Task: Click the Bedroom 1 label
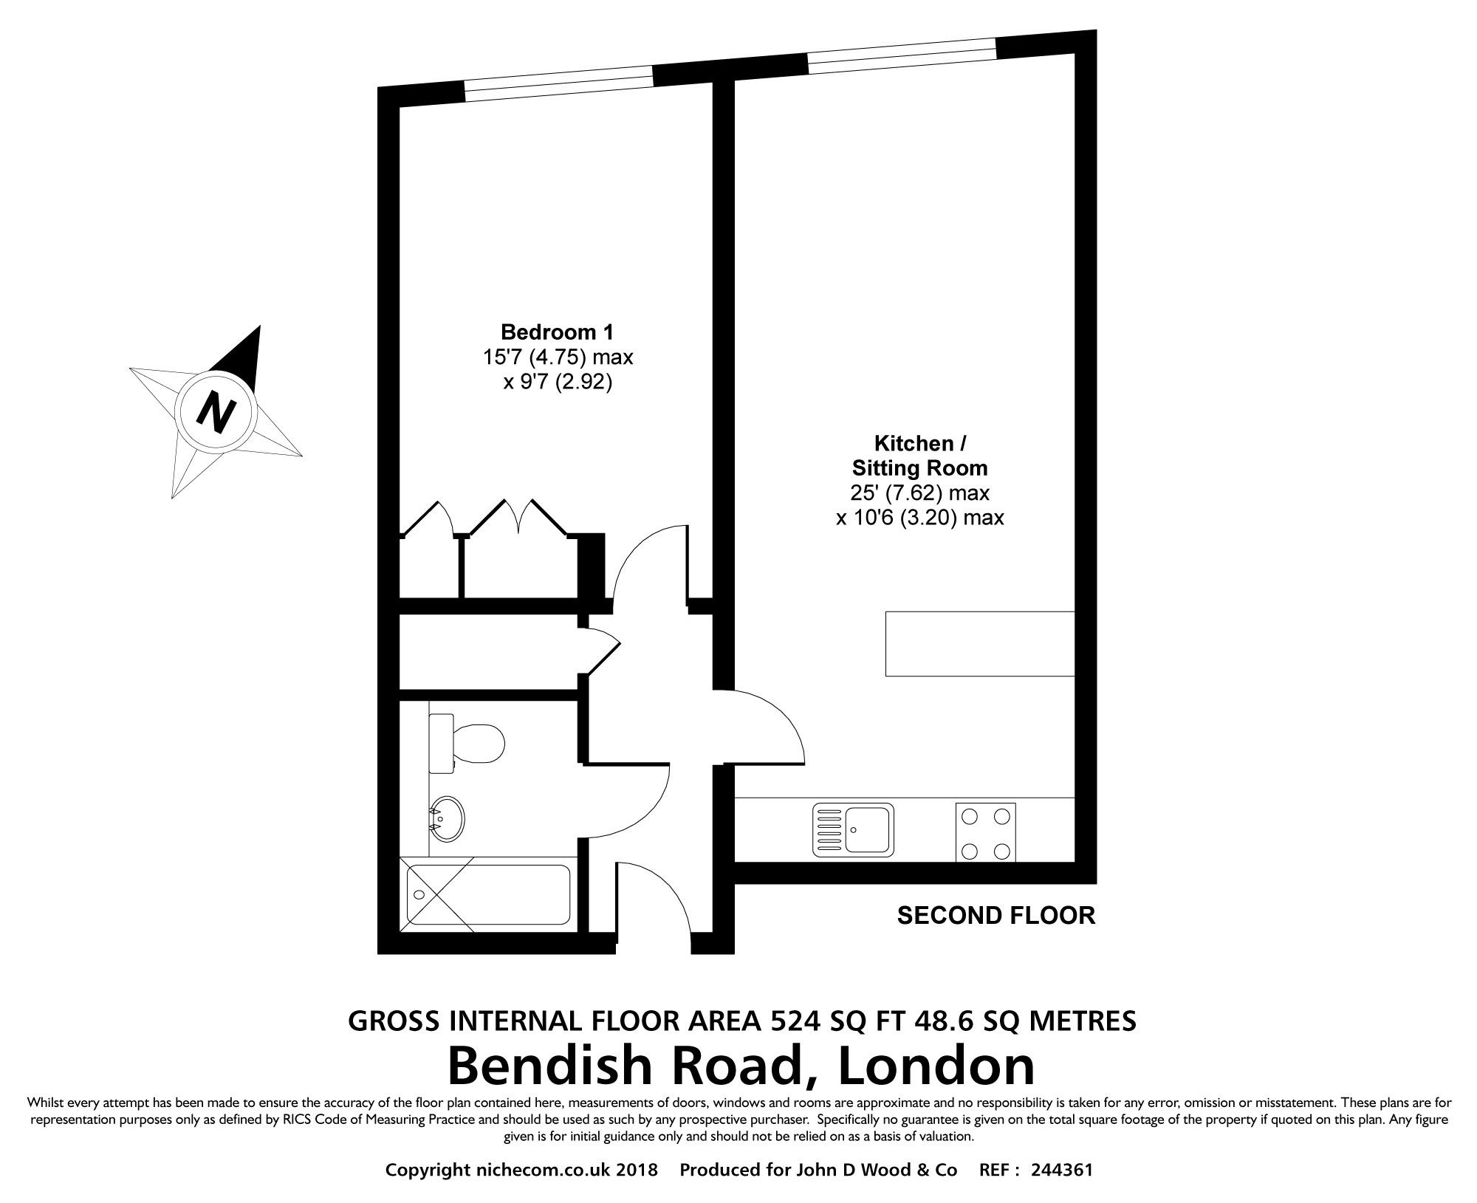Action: pos(557,332)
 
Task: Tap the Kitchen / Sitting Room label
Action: pos(920,456)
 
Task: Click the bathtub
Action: pos(488,894)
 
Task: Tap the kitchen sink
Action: pos(853,830)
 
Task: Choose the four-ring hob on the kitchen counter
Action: pos(985,832)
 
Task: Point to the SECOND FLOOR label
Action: pos(995,916)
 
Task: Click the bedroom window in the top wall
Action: pos(559,83)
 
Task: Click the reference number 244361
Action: pos(1062,1171)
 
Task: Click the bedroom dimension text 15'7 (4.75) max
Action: pos(558,357)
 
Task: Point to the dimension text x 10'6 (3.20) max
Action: pos(920,518)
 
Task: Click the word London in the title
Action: pos(938,1066)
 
